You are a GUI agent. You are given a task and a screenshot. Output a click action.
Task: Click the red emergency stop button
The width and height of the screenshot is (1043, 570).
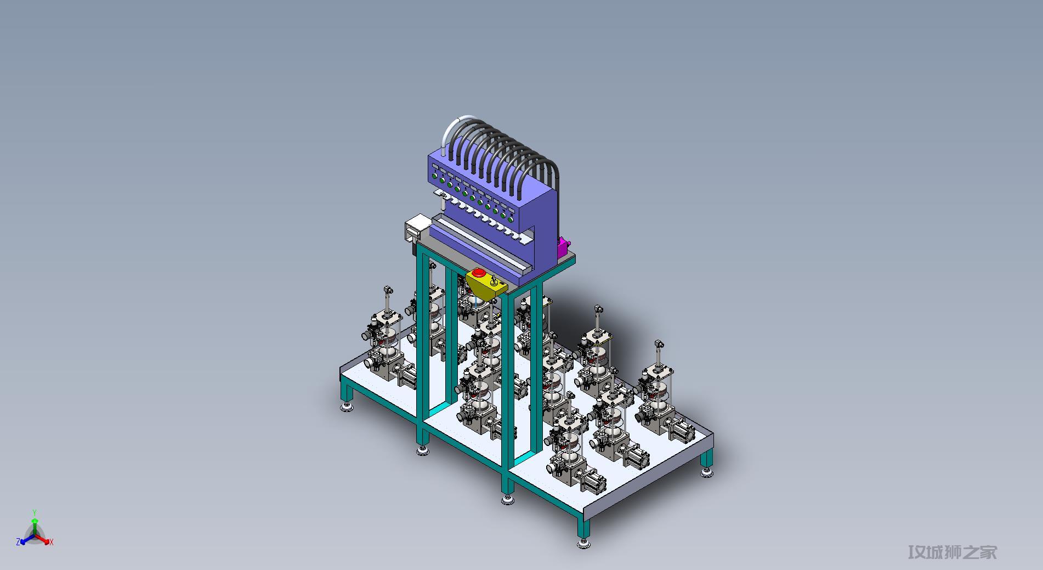click(x=478, y=272)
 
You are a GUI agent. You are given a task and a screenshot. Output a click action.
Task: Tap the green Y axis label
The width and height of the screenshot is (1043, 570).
click(x=35, y=512)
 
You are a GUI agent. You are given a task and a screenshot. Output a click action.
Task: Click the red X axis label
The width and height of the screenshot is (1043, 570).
click(x=52, y=542)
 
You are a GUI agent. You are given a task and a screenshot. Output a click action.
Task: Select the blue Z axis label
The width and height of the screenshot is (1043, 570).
click(x=18, y=542)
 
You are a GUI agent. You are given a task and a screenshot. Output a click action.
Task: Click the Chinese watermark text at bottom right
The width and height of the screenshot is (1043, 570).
click(x=952, y=552)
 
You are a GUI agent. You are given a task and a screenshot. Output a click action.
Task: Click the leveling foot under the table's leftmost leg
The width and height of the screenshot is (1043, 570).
click(x=347, y=407)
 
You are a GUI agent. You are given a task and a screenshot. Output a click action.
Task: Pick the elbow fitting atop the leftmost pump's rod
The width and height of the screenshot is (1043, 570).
click(x=388, y=289)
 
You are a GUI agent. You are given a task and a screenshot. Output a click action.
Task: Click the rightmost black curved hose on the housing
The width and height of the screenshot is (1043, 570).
click(x=554, y=170)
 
